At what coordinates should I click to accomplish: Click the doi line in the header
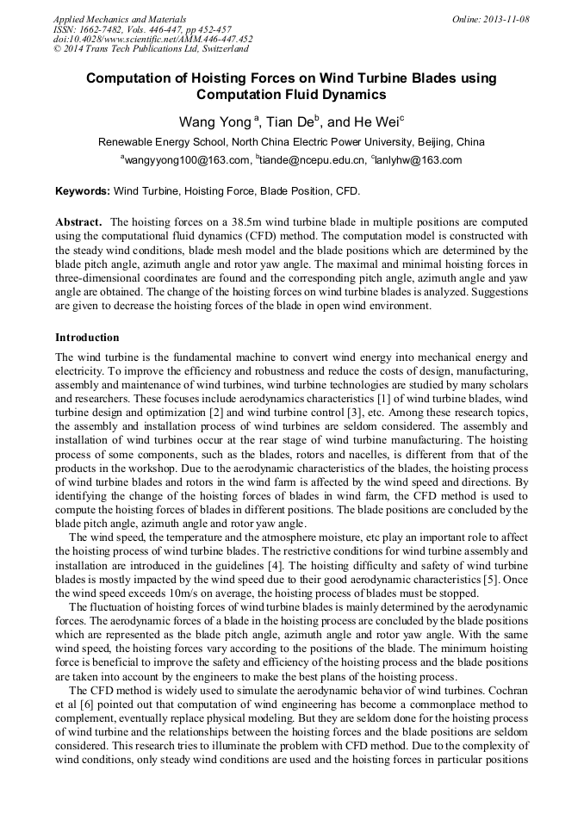click(153, 39)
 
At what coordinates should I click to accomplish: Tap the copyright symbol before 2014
click(57, 49)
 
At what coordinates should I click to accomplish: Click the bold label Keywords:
click(83, 191)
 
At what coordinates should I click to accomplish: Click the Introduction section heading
click(87, 338)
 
